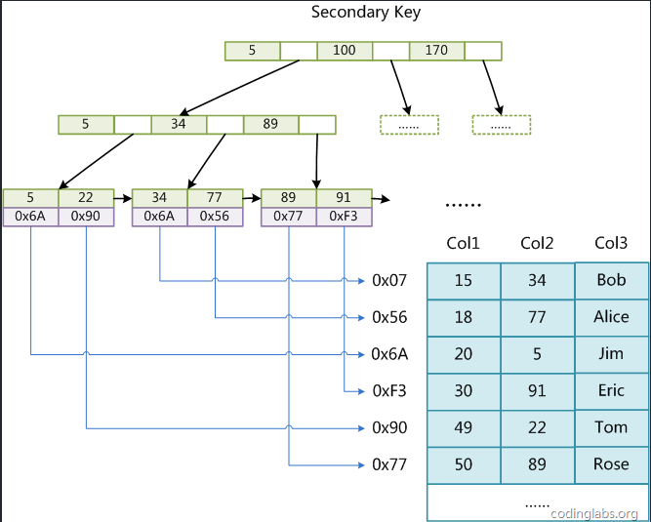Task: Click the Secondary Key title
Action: (x=366, y=13)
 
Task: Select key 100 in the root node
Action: (x=345, y=50)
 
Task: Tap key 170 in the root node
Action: (x=436, y=50)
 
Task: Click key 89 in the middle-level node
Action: (x=270, y=124)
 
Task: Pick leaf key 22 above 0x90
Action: (x=86, y=197)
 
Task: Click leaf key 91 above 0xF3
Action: (x=344, y=197)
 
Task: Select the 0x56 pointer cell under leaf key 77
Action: (x=215, y=217)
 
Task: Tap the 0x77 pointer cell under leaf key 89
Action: (x=289, y=217)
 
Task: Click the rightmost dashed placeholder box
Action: (x=501, y=125)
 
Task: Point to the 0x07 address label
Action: (x=389, y=281)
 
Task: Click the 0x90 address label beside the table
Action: (x=389, y=427)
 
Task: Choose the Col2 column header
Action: (x=538, y=243)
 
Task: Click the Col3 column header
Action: (x=611, y=243)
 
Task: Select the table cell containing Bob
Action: (x=612, y=280)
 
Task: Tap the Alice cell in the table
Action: (x=612, y=317)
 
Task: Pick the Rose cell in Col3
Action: (x=612, y=464)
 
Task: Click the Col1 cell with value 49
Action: (x=464, y=427)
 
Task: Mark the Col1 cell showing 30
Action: (x=464, y=390)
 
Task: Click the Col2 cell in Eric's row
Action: (x=538, y=390)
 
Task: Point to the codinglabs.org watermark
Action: (x=594, y=513)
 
